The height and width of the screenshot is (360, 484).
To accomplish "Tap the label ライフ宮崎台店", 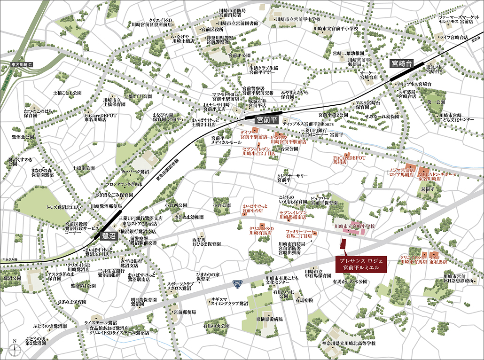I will pyautogui.click(x=454, y=37).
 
